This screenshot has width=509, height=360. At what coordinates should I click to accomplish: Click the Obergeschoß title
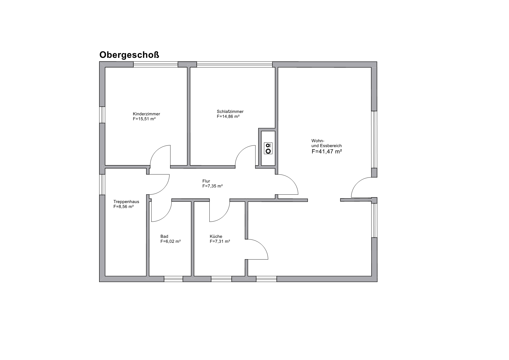coord(129,55)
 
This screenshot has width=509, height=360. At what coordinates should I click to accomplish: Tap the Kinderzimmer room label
coord(146,114)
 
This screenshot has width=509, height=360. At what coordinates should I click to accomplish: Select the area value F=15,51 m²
coord(144,119)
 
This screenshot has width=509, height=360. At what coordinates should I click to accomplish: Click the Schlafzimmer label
coord(230,112)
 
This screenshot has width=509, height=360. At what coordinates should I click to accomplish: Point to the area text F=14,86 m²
coord(228,116)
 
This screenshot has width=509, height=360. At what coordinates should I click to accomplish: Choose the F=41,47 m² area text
coord(326,151)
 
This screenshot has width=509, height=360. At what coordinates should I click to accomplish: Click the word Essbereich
coord(331,146)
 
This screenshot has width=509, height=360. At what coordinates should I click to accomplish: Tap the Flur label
coord(206,181)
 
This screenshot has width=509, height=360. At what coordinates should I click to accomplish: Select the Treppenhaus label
coord(126,202)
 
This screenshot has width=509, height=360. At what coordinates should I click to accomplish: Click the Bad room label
coord(164,236)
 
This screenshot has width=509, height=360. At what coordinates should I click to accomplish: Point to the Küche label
coord(216,236)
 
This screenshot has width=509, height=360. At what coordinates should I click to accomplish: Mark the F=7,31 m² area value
coord(220,241)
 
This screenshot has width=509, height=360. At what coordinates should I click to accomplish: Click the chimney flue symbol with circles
coord(268,148)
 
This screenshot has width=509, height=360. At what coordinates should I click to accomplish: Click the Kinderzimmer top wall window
coord(156,65)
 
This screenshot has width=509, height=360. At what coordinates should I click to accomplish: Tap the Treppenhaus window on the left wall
coord(102,185)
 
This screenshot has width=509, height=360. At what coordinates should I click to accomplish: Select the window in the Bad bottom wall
coord(174,279)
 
